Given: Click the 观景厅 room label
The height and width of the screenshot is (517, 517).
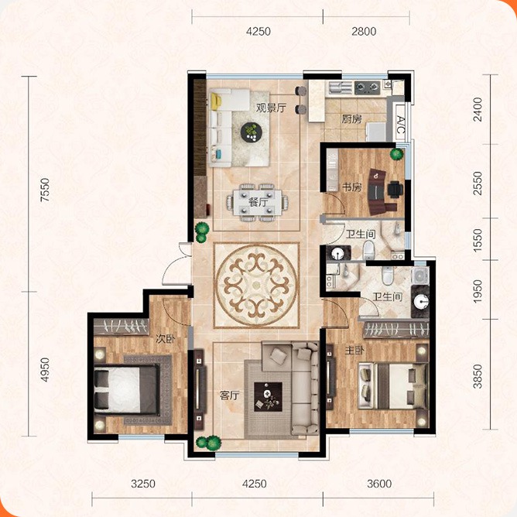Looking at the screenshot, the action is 271,108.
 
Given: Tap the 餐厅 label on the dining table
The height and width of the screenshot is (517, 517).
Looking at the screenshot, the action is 258,202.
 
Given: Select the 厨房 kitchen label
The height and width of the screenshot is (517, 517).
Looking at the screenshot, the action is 351,119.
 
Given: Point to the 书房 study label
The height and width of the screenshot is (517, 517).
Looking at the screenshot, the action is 352,187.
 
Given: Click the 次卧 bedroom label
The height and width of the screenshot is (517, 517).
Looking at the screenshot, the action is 166,339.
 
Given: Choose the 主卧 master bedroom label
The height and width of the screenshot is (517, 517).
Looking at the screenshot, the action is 354,350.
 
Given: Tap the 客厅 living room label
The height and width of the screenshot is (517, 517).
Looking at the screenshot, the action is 230,395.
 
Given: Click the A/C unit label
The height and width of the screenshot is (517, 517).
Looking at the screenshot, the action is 401,125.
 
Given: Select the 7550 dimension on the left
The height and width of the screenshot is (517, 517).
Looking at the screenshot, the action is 45,190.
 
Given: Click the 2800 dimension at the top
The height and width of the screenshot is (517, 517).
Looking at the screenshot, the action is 364,31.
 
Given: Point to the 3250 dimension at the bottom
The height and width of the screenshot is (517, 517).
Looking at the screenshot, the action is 143,484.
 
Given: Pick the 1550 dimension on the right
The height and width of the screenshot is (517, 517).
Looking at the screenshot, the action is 478,240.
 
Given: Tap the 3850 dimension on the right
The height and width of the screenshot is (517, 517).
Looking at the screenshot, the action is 478,376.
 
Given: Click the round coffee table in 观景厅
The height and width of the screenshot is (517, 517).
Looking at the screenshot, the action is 252,132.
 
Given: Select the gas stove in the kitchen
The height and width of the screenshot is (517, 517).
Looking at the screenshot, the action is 368,87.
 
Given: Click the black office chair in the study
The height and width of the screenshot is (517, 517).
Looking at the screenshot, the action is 395,189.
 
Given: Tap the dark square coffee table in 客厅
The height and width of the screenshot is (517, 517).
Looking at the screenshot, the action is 268,397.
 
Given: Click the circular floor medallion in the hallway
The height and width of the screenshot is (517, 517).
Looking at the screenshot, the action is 256,286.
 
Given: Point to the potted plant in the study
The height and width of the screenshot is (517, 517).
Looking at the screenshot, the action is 397,154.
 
